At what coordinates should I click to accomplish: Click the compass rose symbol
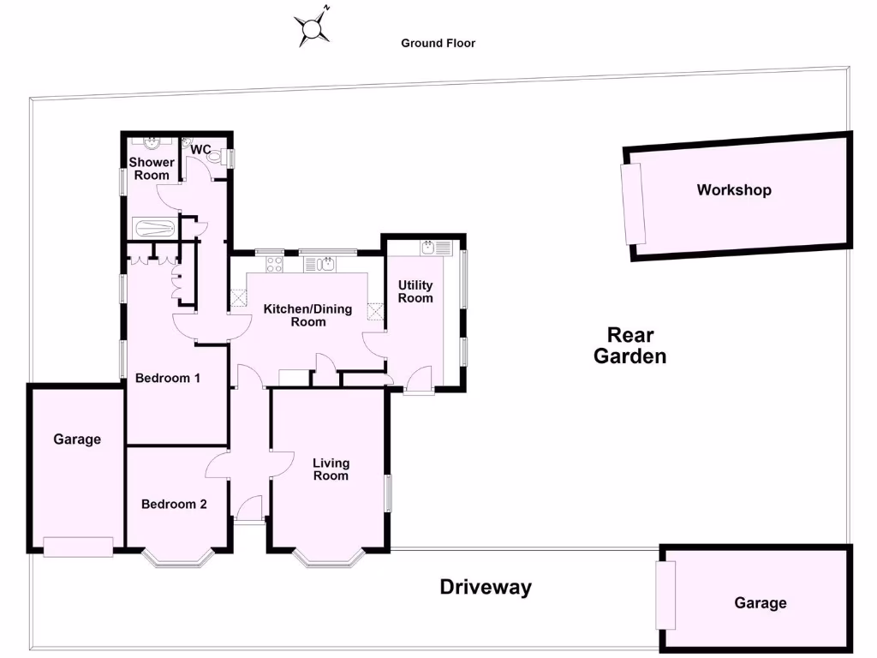(x=313, y=29)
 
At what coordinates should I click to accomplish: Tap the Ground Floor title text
(x=438, y=43)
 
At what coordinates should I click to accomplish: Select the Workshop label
(x=733, y=190)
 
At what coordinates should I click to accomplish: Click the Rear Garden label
(x=629, y=345)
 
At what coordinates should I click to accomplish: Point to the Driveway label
(x=486, y=587)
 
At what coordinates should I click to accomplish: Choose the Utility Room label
(x=415, y=291)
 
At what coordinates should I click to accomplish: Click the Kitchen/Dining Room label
(x=307, y=315)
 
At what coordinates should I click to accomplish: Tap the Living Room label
(x=331, y=470)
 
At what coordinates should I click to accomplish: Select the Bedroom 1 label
(x=168, y=378)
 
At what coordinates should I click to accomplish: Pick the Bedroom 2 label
(x=174, y=504)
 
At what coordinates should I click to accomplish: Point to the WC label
(x=200, y=150)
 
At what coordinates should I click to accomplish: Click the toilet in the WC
(x=225, y=157)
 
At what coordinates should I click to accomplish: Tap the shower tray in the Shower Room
(x=155, y=229)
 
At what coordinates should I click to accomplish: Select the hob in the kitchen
(x=274, y=265)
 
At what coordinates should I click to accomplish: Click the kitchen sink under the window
(x=326, y=264)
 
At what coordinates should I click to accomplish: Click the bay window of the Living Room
(x=330, y=559)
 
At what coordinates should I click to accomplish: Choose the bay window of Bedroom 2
(x=177, y=559)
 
